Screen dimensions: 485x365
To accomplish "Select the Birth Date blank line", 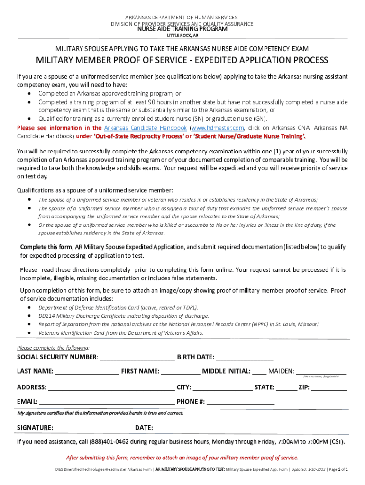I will coord(245,357).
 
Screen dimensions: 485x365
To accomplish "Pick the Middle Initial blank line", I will coord(259,371).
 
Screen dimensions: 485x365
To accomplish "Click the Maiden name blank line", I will coord(321,371).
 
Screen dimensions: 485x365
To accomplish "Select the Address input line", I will coord(111,387).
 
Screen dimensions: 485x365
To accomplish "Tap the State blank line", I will coord(286,387).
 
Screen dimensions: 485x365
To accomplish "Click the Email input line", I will coord(107,402).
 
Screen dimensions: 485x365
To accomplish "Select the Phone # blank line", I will coord(240,402).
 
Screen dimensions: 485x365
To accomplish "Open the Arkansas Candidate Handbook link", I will coord(146,128).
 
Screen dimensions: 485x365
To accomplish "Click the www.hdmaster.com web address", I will coord(217,128).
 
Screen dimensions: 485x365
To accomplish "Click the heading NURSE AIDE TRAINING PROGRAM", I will coord(182,29).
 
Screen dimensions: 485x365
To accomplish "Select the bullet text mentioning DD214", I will coord(123,316).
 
